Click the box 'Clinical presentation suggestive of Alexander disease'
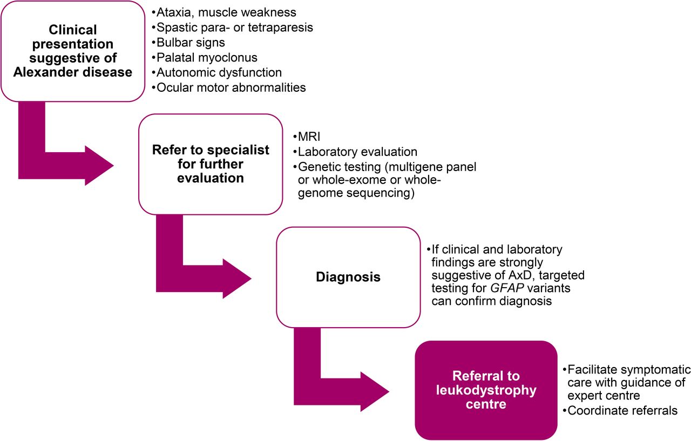(x=73, y=51)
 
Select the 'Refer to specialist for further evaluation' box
(x=211, y=164)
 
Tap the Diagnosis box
(x=348, y=277)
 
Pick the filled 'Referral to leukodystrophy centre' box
(x=486, y=390)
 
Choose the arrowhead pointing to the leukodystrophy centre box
(x=374, y=392)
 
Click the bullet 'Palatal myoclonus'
(x=205, y=57)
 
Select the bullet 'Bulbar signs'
(x=188, y=42)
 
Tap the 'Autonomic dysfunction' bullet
(x=216, y=72)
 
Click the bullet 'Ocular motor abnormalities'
(x=228, y=87)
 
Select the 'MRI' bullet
(x=307, y=137)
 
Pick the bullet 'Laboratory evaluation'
(x=355, y=152)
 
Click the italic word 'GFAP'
(x=507, y=288)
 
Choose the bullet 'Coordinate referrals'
(x=620, y=410)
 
